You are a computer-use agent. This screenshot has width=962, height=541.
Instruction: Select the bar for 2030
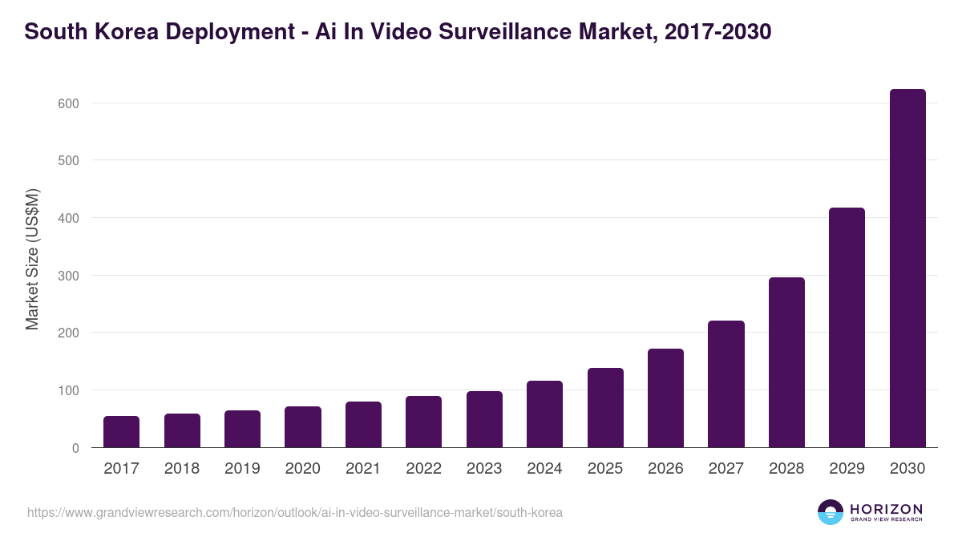tap(907, 268)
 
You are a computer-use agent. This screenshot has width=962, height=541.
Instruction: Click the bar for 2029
tap(847, 328)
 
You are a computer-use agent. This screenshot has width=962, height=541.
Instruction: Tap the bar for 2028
tap(786, 362)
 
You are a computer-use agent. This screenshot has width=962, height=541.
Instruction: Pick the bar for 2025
tap(605, 408)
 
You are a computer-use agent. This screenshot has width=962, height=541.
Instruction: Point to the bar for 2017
tap(121, 432)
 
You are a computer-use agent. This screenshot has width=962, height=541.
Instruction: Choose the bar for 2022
tap(423, 422)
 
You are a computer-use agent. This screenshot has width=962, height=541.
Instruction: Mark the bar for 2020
tap(302, 427)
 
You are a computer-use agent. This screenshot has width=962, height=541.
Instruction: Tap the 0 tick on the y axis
tap(75, 448)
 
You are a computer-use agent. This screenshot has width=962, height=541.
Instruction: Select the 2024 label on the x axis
tap(544, 469)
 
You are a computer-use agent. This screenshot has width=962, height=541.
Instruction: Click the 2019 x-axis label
tap(242, 469)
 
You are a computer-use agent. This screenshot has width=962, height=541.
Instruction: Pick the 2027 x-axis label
tap(726, 469)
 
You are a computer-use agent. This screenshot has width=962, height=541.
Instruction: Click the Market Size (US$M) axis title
tap(32, 259)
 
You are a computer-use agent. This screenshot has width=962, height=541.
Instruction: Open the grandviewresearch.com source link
tap(295, 512)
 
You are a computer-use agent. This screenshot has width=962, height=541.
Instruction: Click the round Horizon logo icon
tap(831, 512)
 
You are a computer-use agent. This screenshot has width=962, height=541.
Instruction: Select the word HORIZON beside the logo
tap(886, 508)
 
